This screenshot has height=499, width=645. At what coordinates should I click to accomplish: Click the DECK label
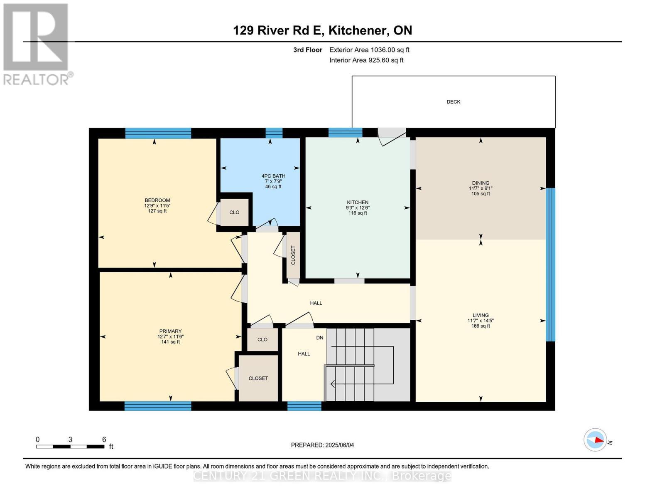pos(453,102)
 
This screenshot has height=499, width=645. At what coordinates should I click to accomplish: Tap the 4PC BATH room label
pos(273,176)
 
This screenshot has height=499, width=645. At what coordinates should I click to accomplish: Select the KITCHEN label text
pos(358,203)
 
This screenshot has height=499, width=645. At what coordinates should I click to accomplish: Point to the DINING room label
pos(481,183)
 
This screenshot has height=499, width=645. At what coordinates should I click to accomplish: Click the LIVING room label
pos(481,315)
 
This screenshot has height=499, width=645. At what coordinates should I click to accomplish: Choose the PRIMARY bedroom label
pos(170,331)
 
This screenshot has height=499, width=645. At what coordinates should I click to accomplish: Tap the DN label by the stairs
pos(320,338)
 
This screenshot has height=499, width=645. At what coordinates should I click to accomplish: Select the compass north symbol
pos(596,440)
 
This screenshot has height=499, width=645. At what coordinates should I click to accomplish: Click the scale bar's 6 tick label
pos(104,440)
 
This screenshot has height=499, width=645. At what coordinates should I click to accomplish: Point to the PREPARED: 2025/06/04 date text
pos(322,445)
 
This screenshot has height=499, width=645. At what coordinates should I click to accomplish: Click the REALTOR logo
pos(37,44)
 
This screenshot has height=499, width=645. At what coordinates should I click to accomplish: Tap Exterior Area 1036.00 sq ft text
pos(369,50)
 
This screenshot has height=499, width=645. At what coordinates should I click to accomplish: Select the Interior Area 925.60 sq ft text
pos(366,60)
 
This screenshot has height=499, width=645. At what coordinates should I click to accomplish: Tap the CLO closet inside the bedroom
pos(234,212)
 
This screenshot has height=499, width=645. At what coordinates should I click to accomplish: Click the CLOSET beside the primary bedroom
pos(258,378)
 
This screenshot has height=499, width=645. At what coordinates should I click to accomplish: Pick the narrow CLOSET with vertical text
pos(293,255)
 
